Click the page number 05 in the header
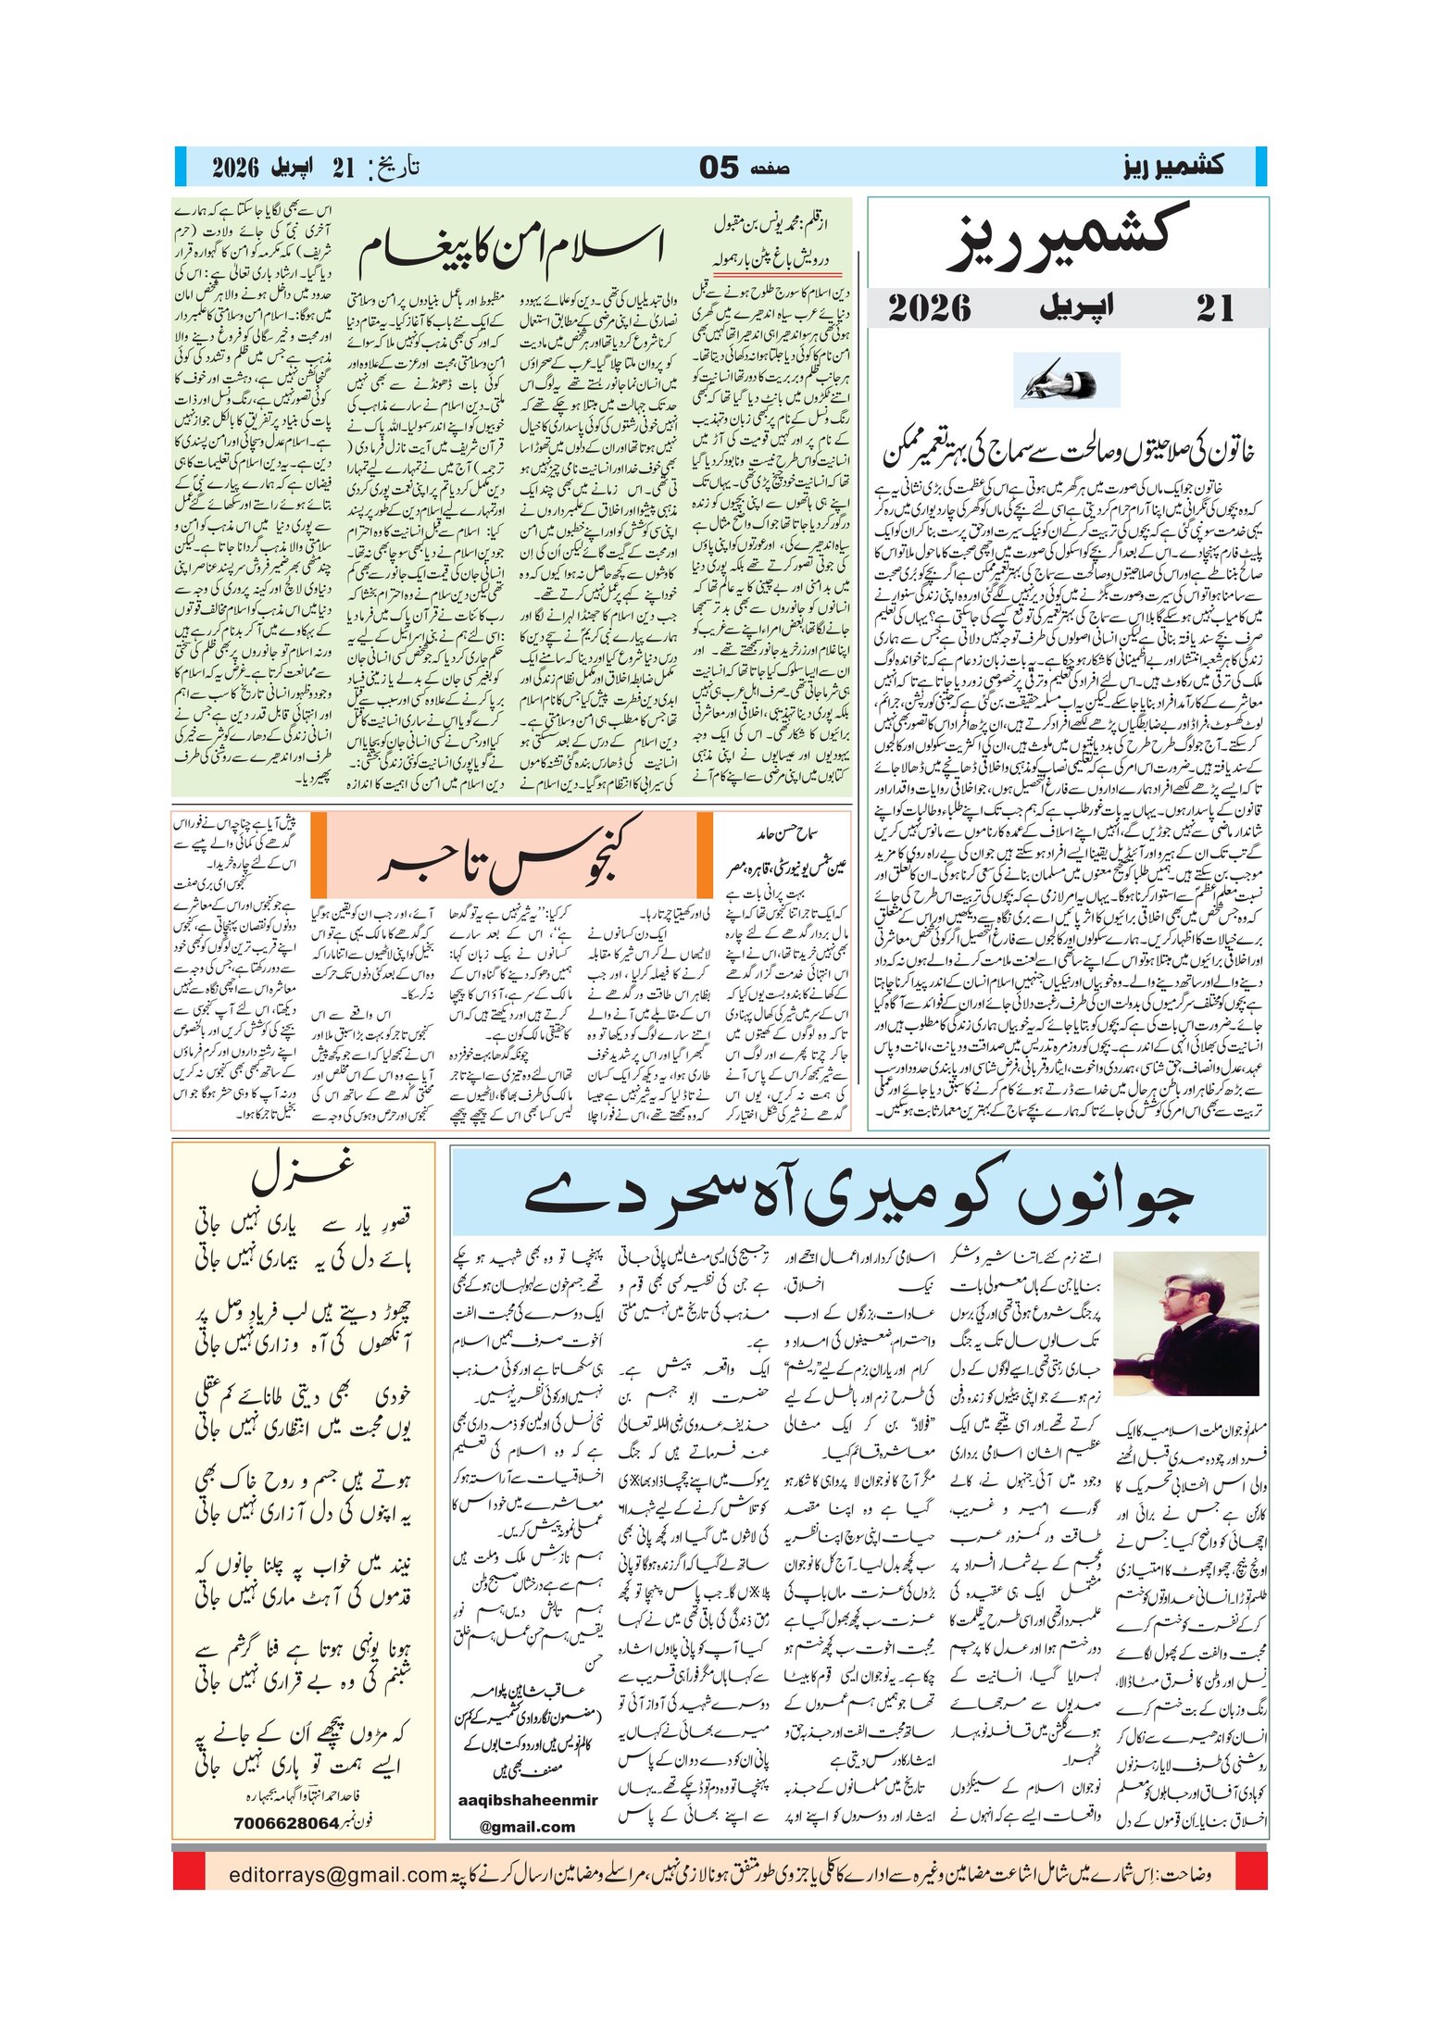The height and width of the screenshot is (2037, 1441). pyautogui.click(x=719, y=168)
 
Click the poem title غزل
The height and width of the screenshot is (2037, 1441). pyautogui.click(x=303, y=1171)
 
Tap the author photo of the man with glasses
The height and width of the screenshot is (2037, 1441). pyautogui.click(x=1186, y=1323)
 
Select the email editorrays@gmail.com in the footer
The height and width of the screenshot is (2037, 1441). pyautogui.click(x=338, y=1893)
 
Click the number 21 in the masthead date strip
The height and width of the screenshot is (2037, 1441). pyautogui.click(x=1214, y=308)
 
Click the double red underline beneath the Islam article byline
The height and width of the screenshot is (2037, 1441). pyautogui.click(x=776, y=274)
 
